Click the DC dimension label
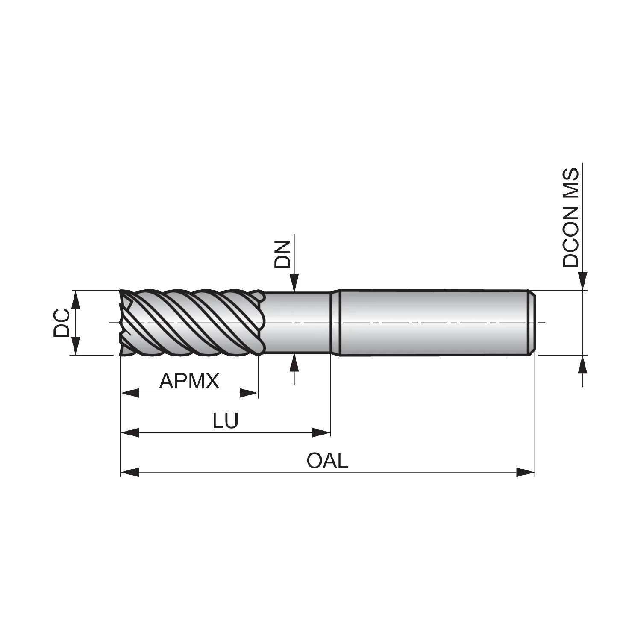click(x=61, y=323)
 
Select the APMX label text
click(x=189, y=381)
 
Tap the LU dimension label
click(x=226, y=421)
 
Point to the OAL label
click(x=328, y=461)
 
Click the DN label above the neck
click(x=282, y=254)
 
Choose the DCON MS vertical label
click(x=570, y=218)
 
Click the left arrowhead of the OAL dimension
click(x=130, y=472)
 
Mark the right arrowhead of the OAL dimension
click(x=526, y=472)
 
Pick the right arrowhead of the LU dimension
click(x=321, y=432)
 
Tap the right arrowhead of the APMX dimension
click(x=249, y=393)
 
